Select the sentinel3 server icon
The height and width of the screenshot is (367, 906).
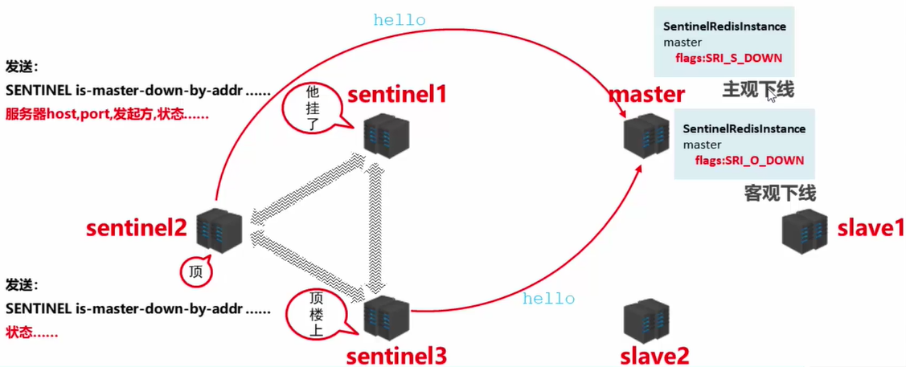click(x=387, y=317)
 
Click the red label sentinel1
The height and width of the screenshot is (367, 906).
click(x=396, y=95)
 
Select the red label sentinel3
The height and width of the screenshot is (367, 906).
click(x=396, y=354)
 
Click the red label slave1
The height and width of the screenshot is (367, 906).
click(x=871, y=228)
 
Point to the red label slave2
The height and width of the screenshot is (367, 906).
click(x=654, y=354)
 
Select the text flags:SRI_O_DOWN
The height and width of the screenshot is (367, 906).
click(x=749, y=161)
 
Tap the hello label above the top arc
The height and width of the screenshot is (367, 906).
click(x=399, y=20)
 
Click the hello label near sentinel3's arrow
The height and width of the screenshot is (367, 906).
click(x=548, y=299)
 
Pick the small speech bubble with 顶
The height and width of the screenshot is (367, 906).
click(x=195, y=271)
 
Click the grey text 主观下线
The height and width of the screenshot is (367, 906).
click(x=757, y=89)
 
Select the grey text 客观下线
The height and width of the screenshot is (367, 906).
click(x=780, y=193)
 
